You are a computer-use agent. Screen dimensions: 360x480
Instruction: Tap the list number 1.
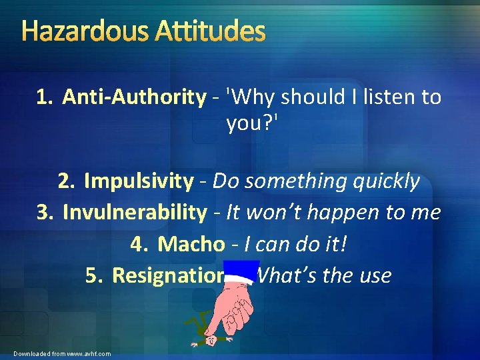[x=44, y=97]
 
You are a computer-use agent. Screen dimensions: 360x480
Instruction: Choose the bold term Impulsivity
[x=139, y=181]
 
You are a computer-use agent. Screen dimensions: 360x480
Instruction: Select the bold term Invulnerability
[x=135, y=213]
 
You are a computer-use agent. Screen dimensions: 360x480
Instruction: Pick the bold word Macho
[x=191, y=244]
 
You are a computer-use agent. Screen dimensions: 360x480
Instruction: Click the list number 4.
[x=138, y=244]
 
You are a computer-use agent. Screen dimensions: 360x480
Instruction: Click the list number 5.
[x=93, y=275]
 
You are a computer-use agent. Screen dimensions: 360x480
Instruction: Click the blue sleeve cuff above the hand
[x=241, y=273]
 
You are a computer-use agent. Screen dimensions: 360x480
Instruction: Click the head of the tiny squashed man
[x=211, y=339]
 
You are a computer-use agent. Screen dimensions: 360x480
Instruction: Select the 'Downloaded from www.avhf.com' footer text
[x=62, y=353]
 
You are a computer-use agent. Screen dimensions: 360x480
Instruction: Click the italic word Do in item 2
[x=226, y=181]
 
